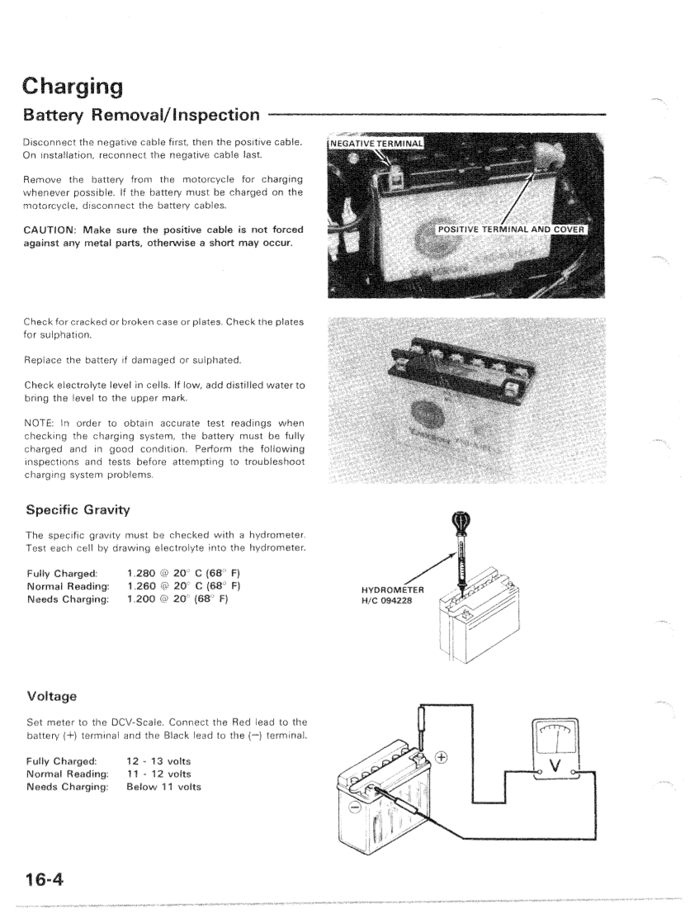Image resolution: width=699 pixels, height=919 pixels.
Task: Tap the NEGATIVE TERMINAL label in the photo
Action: point(376,144)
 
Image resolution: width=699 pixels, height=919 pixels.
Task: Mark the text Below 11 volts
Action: point(163,786)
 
